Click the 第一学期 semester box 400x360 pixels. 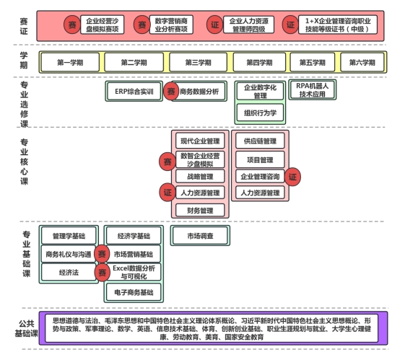click(x=70, y=62)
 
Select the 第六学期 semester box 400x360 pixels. click(x=362, y=62)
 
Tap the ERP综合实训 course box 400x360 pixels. click(x=134, y=92)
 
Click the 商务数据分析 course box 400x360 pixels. click(x=199, y=92)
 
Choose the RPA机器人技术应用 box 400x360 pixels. click(x=312, y=89)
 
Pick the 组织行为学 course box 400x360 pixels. click(x=260, y=113)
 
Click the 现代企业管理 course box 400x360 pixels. click(x=200, y=141)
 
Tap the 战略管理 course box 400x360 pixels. click(x=200, y=176)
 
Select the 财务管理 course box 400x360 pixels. click(x=200, y=211)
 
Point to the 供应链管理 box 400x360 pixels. click(x=260, y=141)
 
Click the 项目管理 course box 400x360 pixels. click(x=260, y=160)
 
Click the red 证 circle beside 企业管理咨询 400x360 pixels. click(x=292, y=177)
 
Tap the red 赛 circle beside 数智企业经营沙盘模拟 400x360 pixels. click(x=168, y=162)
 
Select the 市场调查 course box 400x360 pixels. click(x=200, y=236)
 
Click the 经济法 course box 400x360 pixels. click(x=69, y=272)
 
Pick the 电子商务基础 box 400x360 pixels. click(x=134, y=292)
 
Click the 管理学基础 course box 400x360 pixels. click(x=69, y=236)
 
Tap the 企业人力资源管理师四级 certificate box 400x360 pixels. click(x=248, y=25)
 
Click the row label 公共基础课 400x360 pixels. click(x=26, y=328)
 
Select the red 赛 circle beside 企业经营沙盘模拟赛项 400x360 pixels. click(x=72, y=25)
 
